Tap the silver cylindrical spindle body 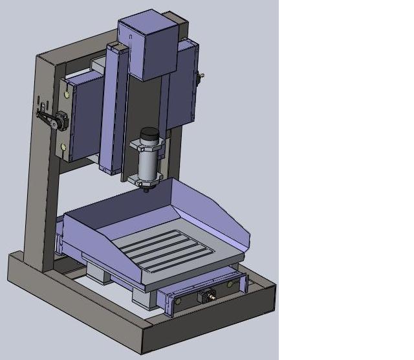[149, 166]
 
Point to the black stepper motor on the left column [60, 120]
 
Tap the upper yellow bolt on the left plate [65, 95]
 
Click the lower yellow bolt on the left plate [63, 148]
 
